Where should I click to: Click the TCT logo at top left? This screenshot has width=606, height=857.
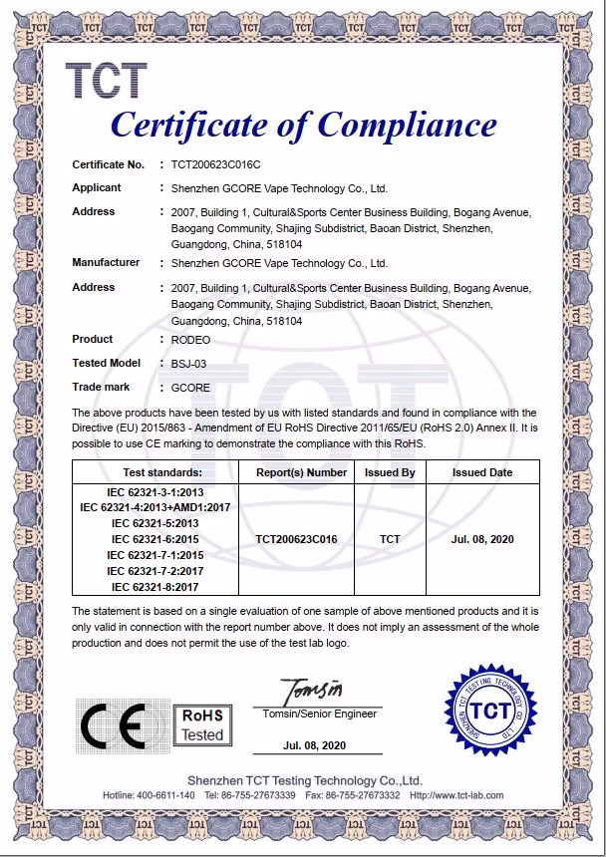(107, 82)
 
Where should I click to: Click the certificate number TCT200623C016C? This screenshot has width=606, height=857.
(215, 163)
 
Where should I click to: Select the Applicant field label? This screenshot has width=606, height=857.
(97, 187)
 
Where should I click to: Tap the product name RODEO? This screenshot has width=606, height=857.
(190, 340)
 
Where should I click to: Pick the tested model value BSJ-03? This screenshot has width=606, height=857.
(189, 364)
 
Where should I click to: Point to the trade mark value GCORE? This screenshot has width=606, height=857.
(190, 388)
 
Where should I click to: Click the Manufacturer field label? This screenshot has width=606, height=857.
(106, 263)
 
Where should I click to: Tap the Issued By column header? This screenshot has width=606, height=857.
(390, 472)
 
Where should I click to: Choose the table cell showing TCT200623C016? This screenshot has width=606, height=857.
(296, 539)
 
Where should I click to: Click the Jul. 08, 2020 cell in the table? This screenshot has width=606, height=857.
(482, 539)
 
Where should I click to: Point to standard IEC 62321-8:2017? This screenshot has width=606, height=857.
(155, 587)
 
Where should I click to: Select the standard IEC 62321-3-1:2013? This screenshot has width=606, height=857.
(155, 492)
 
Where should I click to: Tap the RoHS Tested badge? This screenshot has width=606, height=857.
(202, 725)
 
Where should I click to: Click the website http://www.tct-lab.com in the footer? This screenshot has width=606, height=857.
(455, 795)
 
